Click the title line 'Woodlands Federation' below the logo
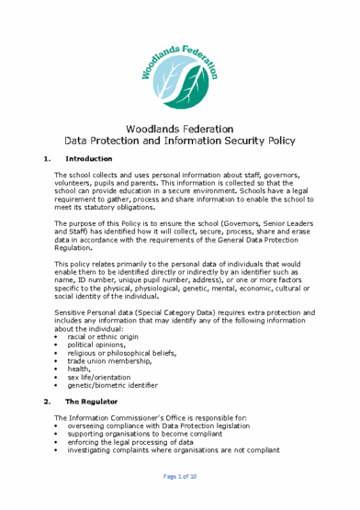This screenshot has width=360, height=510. pos(180,129)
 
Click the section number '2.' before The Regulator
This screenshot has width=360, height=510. pos(48,402)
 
